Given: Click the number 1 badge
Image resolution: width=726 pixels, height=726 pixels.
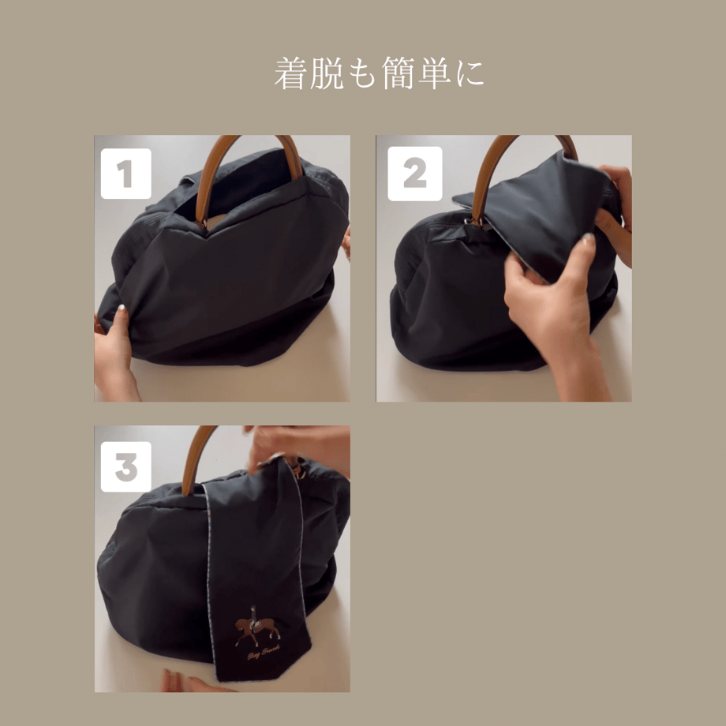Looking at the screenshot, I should click(125, 174).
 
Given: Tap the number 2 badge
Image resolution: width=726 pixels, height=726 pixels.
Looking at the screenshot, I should click(414, 174).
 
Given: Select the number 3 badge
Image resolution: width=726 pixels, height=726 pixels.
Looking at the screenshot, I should click(125, 466).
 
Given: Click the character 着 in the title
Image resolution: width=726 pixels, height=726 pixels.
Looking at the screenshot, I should click(290, 74).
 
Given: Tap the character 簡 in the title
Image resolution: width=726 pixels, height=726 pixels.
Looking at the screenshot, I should click(402, 74).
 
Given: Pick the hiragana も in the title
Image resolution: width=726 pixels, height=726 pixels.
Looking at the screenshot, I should click(365, 74).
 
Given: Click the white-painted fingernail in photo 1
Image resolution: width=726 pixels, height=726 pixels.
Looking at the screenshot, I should click(122, 311).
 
